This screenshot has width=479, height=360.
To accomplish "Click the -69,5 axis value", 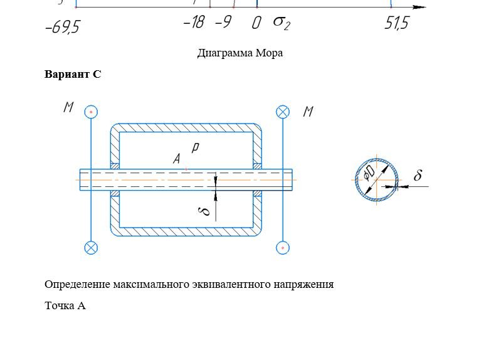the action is click(x=62, y=28).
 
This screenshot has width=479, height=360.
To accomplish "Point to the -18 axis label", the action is click(x=194, y=22).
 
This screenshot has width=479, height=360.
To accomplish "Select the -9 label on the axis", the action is click(x=223, y=22).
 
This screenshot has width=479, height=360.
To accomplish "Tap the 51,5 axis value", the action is click(x=396, y=23).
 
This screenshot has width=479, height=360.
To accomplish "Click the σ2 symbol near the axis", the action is click(x=282, y=23).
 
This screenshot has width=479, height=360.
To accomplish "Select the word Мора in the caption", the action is click(x=269, y=53).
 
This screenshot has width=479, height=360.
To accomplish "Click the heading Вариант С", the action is click(x=73, y=74).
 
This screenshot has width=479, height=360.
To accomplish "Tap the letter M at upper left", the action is click(x=69, y=107).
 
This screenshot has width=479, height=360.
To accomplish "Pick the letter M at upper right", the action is click(x=308, y=111).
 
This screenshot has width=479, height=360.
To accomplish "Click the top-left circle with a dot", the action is click(x=91, y=112).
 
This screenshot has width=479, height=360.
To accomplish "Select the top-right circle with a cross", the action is click(x=283, y=112).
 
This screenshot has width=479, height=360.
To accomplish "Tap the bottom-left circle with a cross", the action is click(x=91, y=248).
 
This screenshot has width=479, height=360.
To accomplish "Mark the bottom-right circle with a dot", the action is click(x=283, y=248).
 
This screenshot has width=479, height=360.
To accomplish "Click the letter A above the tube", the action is click(x=177, y=159).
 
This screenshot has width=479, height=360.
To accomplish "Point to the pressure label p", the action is click(x=195, y=147).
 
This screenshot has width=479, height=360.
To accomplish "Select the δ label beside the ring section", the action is click(x=418, y=175).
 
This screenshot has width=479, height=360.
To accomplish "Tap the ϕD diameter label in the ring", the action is click(x=369, y=173).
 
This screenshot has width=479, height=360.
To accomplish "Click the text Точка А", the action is click(x=65, y=305).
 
